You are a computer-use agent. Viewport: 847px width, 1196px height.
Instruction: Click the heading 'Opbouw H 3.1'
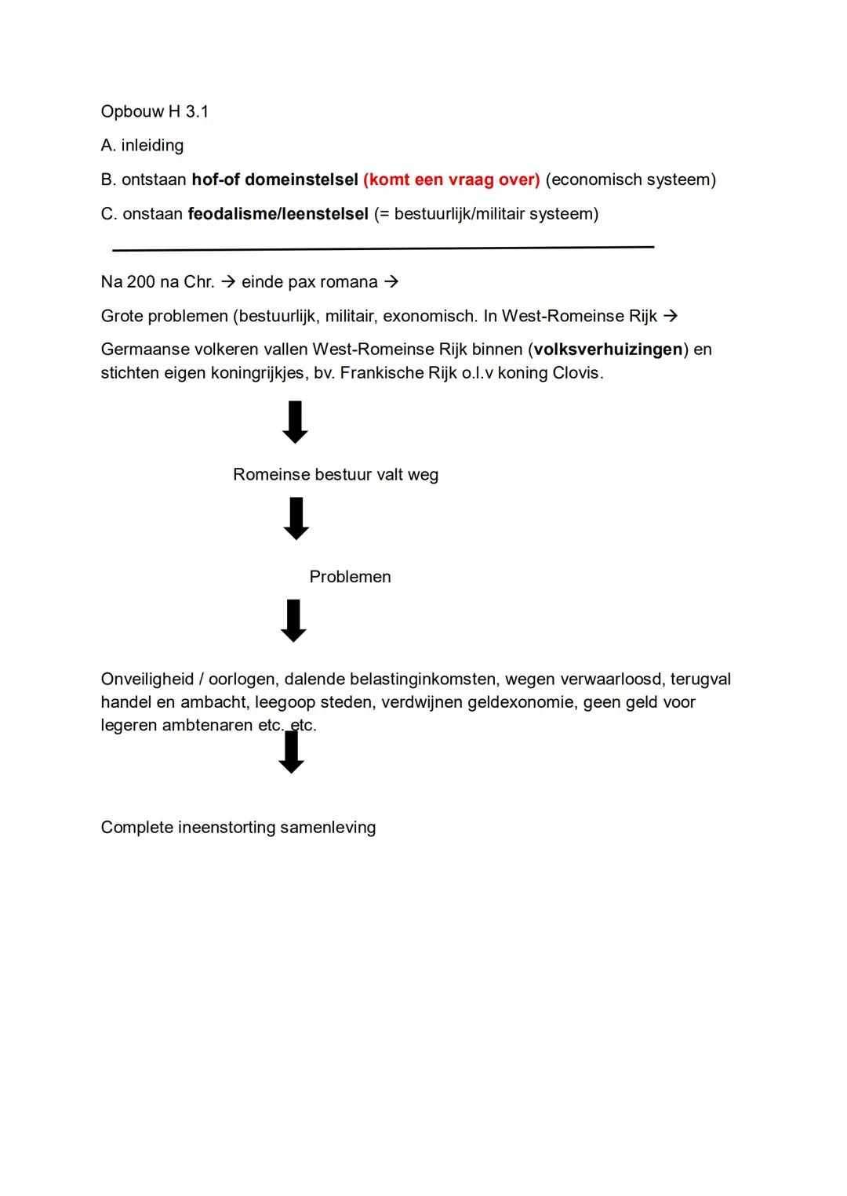coord(154,111)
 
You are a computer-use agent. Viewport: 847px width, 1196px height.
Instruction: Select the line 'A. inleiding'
coord(142,145)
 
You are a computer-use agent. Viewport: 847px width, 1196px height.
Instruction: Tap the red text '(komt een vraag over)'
coord(451,179)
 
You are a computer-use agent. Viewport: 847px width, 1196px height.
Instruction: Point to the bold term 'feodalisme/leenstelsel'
coord(278,214)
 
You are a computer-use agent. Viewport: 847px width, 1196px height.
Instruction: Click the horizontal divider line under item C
coord(383,248)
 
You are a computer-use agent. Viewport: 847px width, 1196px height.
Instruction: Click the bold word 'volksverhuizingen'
coord(608,350)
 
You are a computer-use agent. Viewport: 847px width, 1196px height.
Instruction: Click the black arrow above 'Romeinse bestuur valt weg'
coord(295,422)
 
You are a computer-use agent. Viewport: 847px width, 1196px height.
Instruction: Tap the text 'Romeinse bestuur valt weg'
coord(336,475)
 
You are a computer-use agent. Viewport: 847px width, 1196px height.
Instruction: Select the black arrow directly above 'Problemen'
coord(296,518)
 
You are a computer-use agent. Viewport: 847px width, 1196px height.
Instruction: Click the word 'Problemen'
coord(350,577)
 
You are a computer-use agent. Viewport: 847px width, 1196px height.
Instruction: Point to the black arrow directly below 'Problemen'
coord(293,621)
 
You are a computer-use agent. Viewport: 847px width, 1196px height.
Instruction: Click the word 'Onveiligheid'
coord(147,680)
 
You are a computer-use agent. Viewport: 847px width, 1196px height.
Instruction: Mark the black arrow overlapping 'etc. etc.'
coord(292,752)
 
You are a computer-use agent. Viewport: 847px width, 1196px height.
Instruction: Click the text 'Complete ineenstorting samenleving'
coord(238,828)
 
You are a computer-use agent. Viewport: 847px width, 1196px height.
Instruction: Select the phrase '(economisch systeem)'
coord(631,179)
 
